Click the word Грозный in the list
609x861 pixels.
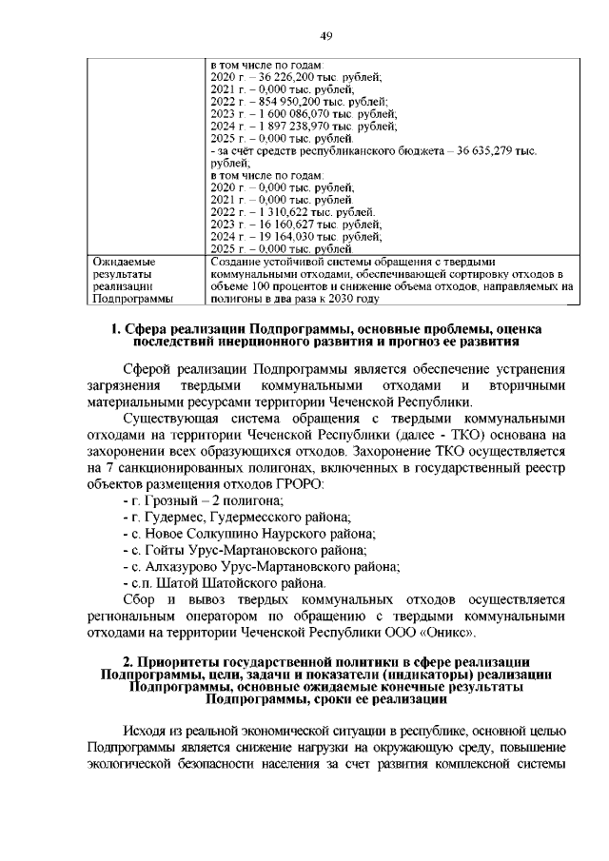[169, 500]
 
